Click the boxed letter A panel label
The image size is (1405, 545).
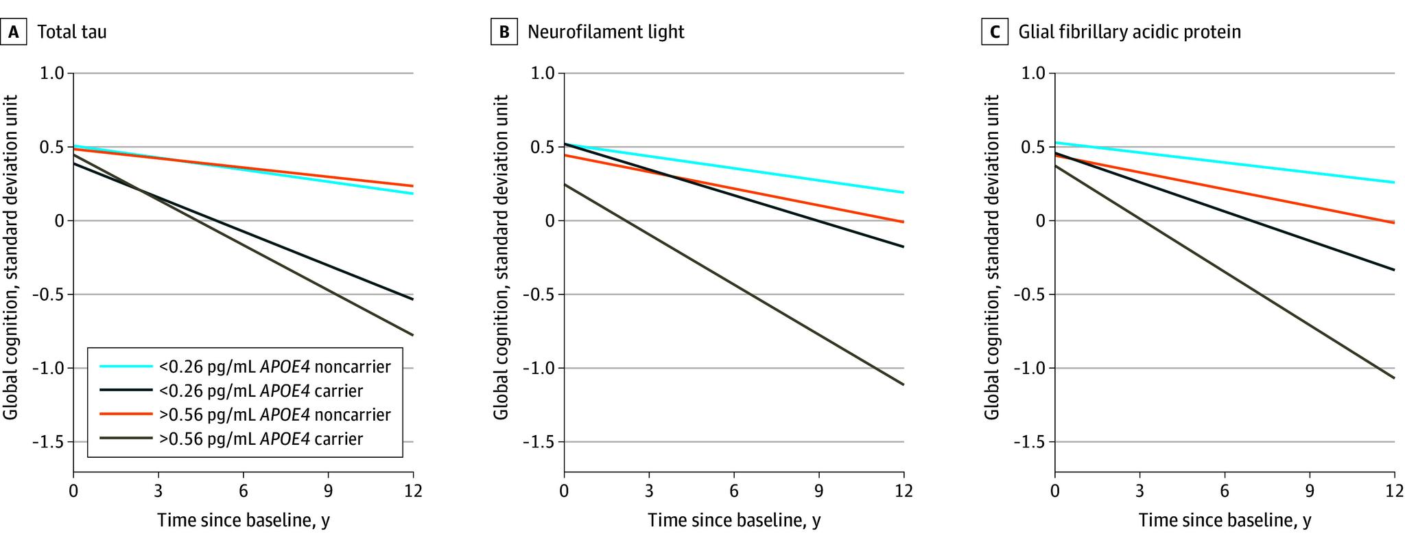tap(13, 32)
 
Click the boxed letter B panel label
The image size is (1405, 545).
tap(504, 32)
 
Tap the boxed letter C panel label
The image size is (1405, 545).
tap(995, 32)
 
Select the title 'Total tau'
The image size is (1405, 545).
tap(72, 32)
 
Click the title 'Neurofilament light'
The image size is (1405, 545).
tap(606, 32)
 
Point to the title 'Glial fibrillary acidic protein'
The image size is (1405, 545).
tap(1129, 32)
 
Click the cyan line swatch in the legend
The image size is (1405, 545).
tap(126, 367)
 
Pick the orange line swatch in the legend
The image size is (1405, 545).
tap(126, 415)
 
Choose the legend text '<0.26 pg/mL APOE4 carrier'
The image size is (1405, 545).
tap(261, 391)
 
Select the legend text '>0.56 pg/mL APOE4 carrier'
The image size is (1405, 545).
tap(261, 439)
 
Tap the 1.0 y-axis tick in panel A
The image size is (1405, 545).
tap(52, 73)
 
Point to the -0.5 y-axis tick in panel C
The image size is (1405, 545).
tap(1029, 294)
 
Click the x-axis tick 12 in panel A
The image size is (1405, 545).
tap(413, 491)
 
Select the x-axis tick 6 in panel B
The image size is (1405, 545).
tap(734, 491)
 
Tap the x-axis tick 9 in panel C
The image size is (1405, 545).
tap(1310, 491)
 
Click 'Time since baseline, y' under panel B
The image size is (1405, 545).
tap(734, 520)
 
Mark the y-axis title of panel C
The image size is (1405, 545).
tap(992, 257)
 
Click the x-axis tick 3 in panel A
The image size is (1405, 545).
tap(158, 491)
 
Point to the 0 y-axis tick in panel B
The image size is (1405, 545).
tap(548, 221)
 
